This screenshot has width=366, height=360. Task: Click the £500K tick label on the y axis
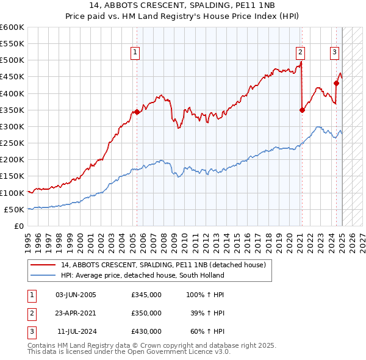tap(12, 60)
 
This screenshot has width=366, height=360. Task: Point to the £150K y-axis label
tap(12, 176)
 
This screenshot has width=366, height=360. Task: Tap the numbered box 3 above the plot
tap(335, 53)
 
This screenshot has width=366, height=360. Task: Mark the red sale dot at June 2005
tap(137, 112)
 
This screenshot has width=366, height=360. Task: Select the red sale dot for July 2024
tap(336, 83)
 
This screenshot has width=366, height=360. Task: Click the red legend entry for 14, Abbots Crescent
tap(163, 265)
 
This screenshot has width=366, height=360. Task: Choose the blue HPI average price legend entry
tap(143, 275)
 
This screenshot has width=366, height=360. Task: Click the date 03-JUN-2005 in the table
tap(76, 295)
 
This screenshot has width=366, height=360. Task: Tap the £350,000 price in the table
tap(146, 313)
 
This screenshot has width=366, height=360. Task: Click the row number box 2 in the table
tap(31, 313)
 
